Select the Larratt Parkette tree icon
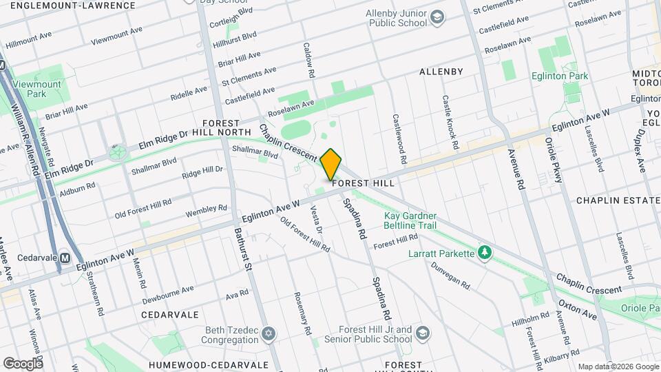tap(485, 253)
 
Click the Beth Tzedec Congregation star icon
tap(269, 335)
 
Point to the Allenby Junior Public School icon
tap(436, 17)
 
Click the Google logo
tap(22, 363)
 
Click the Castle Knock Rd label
tap(450, 123)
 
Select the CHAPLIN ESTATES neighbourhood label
tap(618, 200)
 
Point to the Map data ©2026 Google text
tap(617, 366)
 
